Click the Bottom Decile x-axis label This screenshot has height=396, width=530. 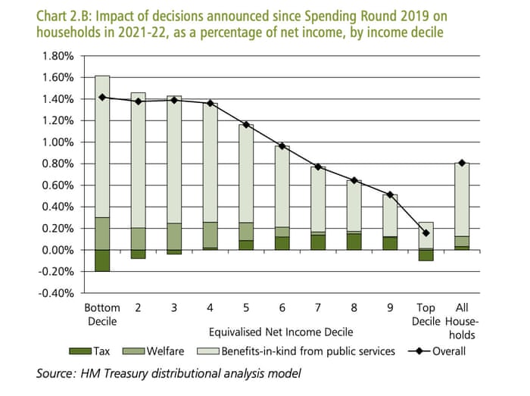(102, 315)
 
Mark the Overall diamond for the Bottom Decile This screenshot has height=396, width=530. (102, 97)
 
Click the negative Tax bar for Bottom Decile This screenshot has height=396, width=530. (102, 260)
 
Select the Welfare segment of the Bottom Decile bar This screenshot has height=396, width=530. (102, 233)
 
